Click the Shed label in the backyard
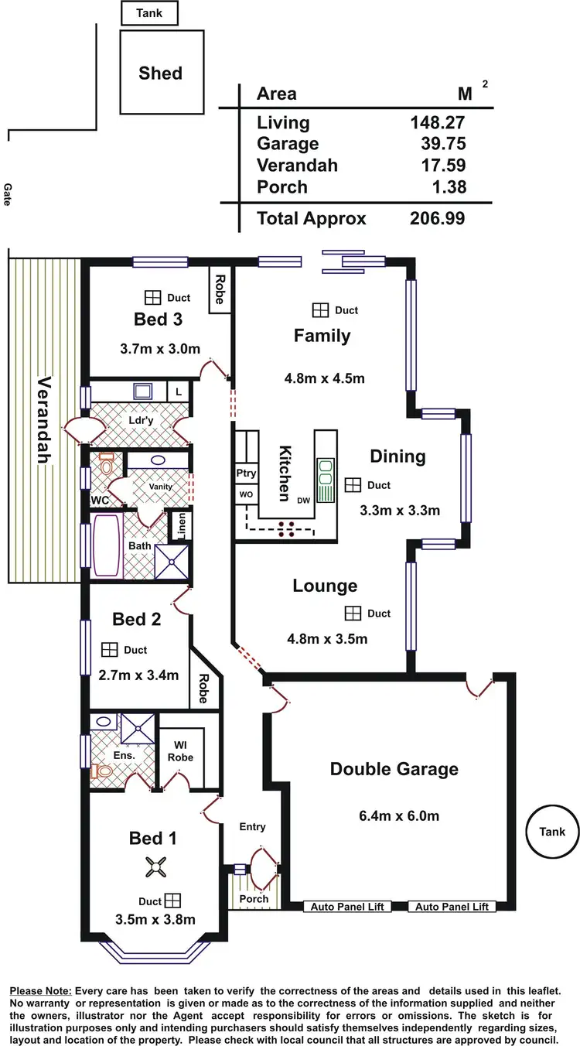click(x=161, y=73)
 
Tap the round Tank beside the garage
click(x=552, y=832)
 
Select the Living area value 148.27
click(x=438, y=122)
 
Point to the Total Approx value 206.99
click(x=438, y=218)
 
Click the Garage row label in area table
click(x=288, y=144)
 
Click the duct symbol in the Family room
click(x=320, y=309)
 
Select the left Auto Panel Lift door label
click(x=346, y=907)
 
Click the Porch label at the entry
click(x=254, y=898)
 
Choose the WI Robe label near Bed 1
click(x=181, y=751)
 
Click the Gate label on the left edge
click(x=7, y=193)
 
